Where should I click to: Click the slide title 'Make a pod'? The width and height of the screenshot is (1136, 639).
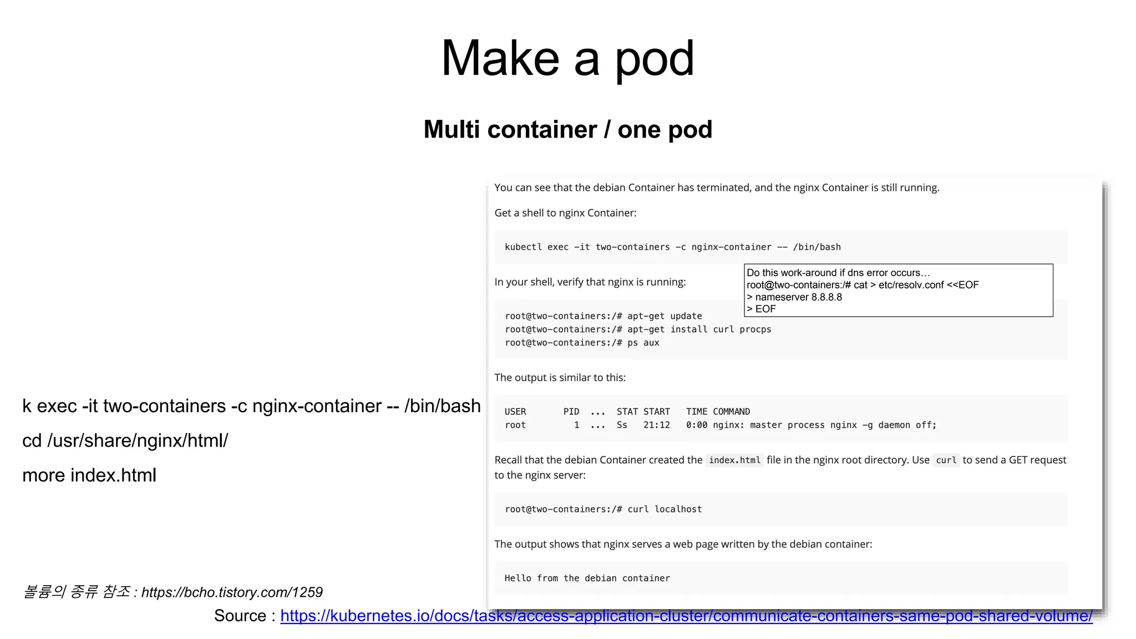(567, 58)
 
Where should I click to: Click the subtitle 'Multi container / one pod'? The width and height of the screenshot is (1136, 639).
(567, 130)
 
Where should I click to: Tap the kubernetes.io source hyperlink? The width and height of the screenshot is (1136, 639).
(686, 616)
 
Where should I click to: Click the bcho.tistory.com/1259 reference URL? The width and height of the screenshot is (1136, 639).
(232, 592)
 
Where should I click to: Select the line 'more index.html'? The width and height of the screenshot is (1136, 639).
(89, 475)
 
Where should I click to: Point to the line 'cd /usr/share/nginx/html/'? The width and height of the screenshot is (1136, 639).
(125, 441)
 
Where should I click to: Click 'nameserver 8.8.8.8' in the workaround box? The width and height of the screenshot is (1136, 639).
(798, 297)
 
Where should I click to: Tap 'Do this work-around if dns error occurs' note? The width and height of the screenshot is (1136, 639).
(838, 273)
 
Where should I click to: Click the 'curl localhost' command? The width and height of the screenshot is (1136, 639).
(665, 509)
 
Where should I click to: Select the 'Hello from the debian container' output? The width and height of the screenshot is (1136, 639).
(587, 578)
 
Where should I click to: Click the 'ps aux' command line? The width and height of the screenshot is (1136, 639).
(643, 343)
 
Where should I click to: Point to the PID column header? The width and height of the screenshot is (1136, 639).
(571, 412)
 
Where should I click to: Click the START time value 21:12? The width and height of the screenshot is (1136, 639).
(656, 425)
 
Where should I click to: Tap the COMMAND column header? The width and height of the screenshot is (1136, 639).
(731, 412)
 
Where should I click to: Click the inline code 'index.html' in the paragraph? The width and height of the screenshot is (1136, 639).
(734, 460)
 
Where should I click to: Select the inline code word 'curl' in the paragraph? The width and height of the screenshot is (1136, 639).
(946, 460)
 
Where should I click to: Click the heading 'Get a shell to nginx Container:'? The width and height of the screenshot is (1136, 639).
(565, 213)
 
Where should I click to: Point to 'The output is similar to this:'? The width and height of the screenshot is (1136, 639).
(560, 378)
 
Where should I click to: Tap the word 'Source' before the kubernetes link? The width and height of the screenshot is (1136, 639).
(240, 616)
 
